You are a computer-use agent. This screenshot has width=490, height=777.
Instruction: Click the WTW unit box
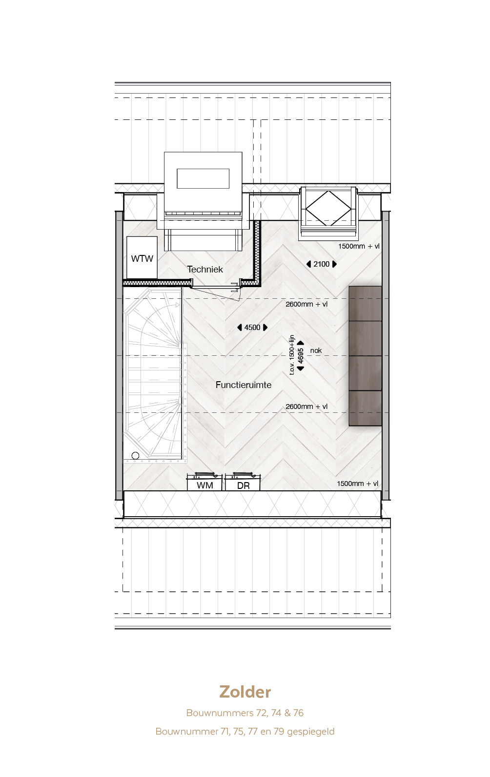pos(142,257)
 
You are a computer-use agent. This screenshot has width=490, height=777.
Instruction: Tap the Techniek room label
pos(205,269)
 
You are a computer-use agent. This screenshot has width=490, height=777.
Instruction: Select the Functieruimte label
pos(244,385)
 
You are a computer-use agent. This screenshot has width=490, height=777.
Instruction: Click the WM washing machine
pos(204,482)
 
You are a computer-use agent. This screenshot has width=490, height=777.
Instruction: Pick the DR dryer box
pos(243,482)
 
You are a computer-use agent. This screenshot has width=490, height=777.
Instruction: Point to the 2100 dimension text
pos(322,264)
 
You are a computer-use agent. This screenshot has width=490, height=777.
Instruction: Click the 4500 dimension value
pos(252,328)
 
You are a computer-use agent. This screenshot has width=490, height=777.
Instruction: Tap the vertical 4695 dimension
pos(301,355)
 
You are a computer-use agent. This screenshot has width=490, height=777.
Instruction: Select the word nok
pos(316,350)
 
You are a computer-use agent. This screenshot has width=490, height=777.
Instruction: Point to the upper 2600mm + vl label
pos(306,304)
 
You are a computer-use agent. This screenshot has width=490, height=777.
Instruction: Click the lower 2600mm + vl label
pos(306,407)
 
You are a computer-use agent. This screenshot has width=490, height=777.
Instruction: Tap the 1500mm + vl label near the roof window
pos(359,246)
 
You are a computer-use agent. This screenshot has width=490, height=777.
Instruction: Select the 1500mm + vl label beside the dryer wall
pos(358,484)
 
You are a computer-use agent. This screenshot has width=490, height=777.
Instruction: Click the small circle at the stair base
pos(136,455)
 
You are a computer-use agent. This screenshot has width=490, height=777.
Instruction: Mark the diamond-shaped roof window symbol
pos(328,208)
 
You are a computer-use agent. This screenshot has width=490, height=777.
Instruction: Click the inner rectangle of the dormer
pos(203,178)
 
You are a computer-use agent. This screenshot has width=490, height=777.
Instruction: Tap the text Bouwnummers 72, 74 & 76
pos(245,713)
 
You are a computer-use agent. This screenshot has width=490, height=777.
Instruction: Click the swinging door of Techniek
pos(215,293)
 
